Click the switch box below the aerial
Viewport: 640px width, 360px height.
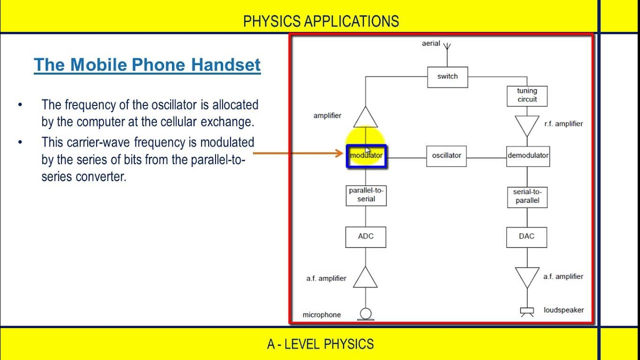[447, 76]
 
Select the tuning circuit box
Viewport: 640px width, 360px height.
[527, 95]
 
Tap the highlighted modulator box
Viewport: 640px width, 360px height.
[366, 155]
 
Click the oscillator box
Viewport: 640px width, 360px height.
[446, 155]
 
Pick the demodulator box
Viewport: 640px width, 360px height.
[527, 155]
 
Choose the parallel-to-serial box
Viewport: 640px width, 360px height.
[366, 195]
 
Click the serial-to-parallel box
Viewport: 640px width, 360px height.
[527, 196]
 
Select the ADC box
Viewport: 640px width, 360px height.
[365, 236]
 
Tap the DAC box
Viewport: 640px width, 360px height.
[527, 236]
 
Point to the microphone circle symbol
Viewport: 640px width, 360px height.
[365, 313]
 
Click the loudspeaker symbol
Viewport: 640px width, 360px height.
[527, 311]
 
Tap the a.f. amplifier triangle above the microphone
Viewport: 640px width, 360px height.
[365, 278]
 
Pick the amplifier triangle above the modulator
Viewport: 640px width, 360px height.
[365, 117]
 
